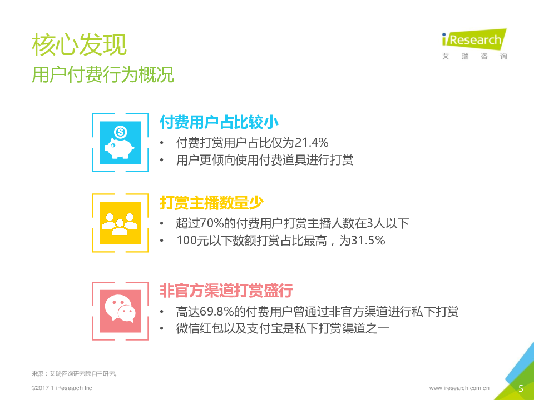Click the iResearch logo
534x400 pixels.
pos(474,44)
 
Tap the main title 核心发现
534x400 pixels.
pos(80,44)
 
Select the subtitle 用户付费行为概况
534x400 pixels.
pos(103,74)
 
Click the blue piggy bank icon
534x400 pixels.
pos(120,143)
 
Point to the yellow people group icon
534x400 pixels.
pos(120,223)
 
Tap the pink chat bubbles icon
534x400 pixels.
pos(120,311)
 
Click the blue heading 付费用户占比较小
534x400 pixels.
pos(219,122)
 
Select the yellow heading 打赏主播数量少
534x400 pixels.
pos(211,202)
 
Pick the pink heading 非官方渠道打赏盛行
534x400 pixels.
pos(226,291)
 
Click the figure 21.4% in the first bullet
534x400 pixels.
pos(311,143)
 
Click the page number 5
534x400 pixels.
pos(521,388)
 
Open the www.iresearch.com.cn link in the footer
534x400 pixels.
pos(459,388)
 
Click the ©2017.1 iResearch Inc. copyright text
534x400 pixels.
pos(63,388)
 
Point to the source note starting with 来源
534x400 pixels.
pos(75,373)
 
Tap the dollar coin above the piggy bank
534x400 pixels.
pos(120,132)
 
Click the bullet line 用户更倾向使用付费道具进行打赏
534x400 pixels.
pos(265,160)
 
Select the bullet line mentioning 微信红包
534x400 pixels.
pos(283,328)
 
